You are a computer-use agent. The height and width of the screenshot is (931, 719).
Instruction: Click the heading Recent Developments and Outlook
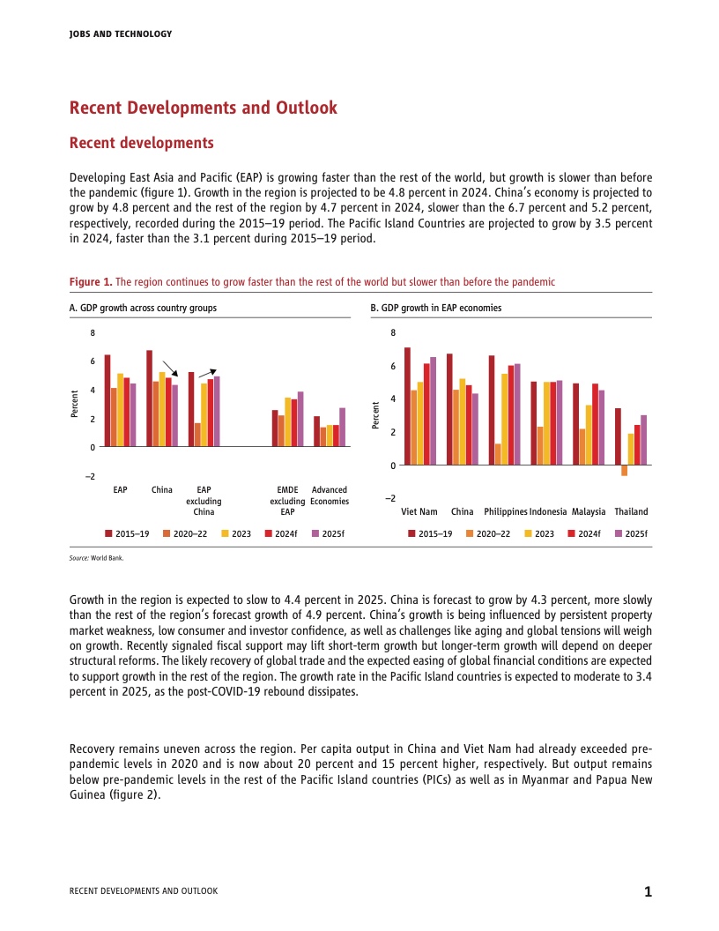(x=204, y=108)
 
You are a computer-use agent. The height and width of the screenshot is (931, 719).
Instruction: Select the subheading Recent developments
(x=141, y=143)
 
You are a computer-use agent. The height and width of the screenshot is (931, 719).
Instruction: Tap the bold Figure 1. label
(x=90, y=282)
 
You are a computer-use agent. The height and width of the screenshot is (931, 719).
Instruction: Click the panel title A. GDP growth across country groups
(x=143, y=309)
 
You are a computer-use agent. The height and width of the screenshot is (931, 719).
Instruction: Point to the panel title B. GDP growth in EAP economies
(x=435, y=309)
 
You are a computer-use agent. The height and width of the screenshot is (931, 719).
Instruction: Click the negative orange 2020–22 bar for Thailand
(x=625, y=470)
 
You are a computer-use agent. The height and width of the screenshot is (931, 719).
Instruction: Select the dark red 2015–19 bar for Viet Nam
(x=407, y=406)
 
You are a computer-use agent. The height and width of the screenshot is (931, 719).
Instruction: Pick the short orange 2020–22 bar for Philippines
(x=498, y=454)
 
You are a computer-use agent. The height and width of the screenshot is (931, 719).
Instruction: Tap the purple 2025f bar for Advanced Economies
(x=342, y=427)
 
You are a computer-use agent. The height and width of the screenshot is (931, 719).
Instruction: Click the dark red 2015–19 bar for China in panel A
(x=150, y=398)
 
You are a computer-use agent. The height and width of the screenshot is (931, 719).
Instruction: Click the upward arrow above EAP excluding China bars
(x=208, y=373)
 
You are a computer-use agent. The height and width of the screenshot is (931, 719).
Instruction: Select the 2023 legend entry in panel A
(x=235, y=533)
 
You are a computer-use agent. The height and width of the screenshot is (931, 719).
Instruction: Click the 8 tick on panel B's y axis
(x=393, y=333)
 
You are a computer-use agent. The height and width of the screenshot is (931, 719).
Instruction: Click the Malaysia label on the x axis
(x=589, y=511)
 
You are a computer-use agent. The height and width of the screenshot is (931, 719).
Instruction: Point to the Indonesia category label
(x=548, y=511)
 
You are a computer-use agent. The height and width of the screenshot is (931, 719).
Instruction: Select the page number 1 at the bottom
(x=648, y=891)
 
